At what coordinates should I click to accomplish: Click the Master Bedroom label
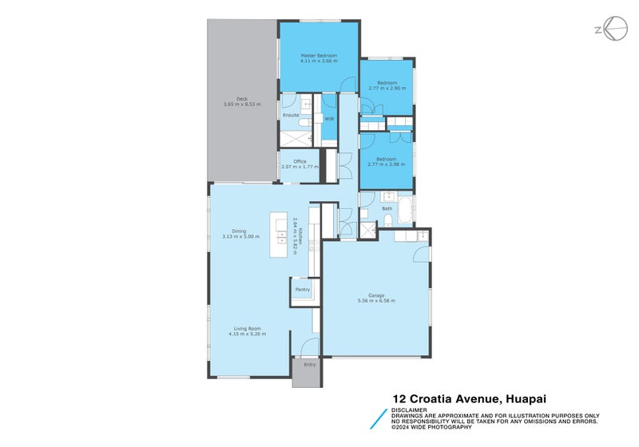[x=319, y=55]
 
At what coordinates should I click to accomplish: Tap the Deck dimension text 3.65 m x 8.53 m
[x=240, y=104]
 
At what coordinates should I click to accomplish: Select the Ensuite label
[x=292, y=116]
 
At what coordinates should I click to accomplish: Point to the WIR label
[x=329, y=119]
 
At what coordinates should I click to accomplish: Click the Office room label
[x=300, y=161]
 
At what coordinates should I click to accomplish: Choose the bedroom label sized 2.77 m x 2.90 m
[x=387, y=88]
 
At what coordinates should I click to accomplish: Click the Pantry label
[x=303, y=289]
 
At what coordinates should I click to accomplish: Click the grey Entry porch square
[x=305, y=373]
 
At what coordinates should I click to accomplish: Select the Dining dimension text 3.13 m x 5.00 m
[x=240, y=236]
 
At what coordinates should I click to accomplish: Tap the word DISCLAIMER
[x=408, y=410]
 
